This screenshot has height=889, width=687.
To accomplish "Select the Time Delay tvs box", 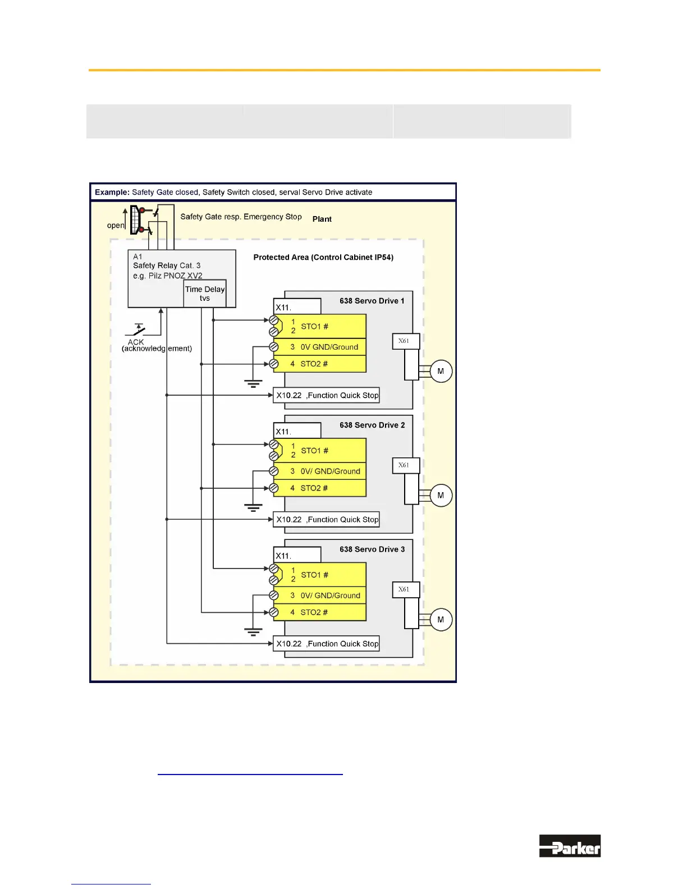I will pyautogui.click(x=205, y=294).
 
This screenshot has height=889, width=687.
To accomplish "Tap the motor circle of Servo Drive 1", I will pyautogui.click(x=441, y=371).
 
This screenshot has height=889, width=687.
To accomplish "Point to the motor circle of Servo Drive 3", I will pyautogui.click(x=441, y=620).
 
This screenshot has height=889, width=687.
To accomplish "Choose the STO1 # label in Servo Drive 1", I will pyautogui.click(x=314, y=327).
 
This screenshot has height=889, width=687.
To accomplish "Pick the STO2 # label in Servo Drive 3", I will pyautogui.click(x=314, y=612).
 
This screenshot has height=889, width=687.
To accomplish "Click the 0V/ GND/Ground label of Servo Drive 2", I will pyautogui.click(x=330, y=471).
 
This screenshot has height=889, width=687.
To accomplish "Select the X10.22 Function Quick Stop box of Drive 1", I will pyautogui.click(x=326, y=395).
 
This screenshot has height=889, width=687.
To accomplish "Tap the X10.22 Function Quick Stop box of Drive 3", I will pyautogui.click(x=326, y=644).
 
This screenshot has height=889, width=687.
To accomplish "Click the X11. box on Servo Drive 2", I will pyautogui.click(x=297, y=431).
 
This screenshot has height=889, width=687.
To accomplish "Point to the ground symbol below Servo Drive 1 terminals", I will pyautogui.click(x=253, y=384).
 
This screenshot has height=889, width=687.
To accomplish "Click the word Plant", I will pyautogui.click(x=322, y=219).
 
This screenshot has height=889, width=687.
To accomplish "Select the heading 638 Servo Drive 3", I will pyautogui.click(x=372, y=549).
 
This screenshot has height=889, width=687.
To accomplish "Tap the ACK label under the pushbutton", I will pyautogui.click(x=136, y=342).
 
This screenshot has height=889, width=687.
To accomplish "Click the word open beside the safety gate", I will pyautogui.click(x=115, y=226).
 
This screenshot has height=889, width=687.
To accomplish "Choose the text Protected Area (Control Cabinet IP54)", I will pyautogui.click(x=323, y=258).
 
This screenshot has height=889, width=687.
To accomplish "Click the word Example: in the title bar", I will pyautogui.click(x=112, y=193).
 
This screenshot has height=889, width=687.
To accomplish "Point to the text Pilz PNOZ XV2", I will pyautogui.click(x=175, y=276).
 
